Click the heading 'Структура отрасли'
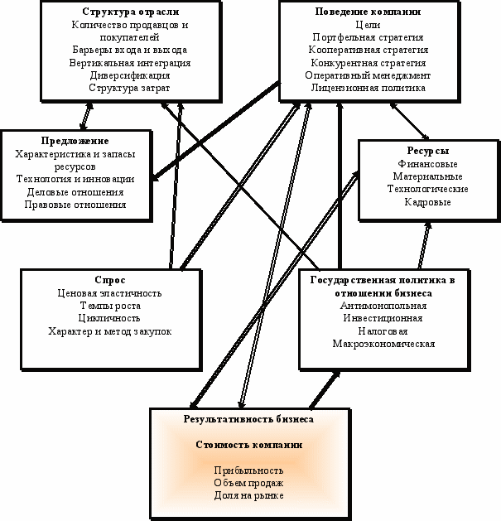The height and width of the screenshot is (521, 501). (x=131, y=12)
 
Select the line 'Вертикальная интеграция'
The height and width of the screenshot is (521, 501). (x=130, y=63)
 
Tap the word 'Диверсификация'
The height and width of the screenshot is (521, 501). (x=130, y=75)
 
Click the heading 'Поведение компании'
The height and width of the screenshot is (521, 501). (x=368, y=12)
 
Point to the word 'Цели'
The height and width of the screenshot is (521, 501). (x=368, y=25)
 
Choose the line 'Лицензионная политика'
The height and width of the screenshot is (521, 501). (x=369, y=88)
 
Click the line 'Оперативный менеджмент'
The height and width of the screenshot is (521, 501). (x=368, y=75)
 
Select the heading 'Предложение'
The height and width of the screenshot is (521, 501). (x=75, y=141)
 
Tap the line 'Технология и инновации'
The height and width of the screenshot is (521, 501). (x=75, y=179)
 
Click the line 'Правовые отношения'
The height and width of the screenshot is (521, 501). (x=75, y=205)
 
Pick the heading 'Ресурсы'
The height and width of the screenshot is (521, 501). (x=428, y=151)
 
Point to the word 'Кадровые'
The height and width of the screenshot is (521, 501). (x=428, y=202)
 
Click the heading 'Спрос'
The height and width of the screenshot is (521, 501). (x=110, y=280)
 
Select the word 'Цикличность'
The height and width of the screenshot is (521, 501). (x=109, y=318)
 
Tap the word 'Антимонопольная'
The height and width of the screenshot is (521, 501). (x=383, y=306)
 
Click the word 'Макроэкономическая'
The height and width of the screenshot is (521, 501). (x=383, y=344)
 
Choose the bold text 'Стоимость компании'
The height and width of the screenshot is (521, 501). (x=249, y=445)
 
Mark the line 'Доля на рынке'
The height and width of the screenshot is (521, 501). (x=248, y=495)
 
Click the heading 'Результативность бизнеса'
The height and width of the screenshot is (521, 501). (x=248, y=419)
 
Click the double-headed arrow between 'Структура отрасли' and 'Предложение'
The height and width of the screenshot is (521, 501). (x=86, y=116)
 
